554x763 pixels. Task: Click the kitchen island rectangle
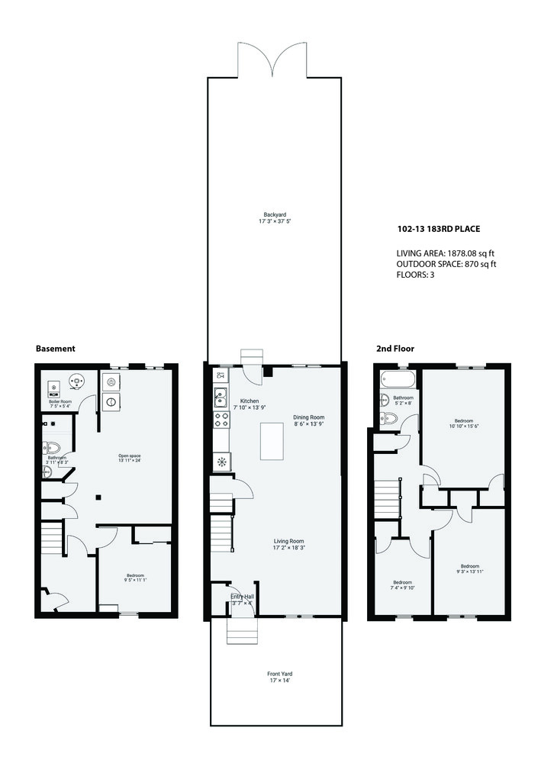pos(272,440)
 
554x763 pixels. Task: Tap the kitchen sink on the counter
pos(221,395)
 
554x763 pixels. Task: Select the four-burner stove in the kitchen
pos(221,419)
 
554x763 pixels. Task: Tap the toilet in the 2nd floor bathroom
pos(388,417)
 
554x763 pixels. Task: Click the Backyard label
pos(275,214)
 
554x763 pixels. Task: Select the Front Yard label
pos(279,674)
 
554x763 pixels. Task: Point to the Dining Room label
pos(309,417)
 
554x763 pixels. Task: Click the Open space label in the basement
pos(129,456)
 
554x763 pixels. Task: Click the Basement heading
pos(56,349)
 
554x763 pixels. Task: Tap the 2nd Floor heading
pos(395,349)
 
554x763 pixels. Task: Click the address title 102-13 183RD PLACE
pos(438,228)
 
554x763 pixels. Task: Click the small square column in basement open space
pos(98,498)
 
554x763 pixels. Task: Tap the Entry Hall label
pos(243,597)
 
